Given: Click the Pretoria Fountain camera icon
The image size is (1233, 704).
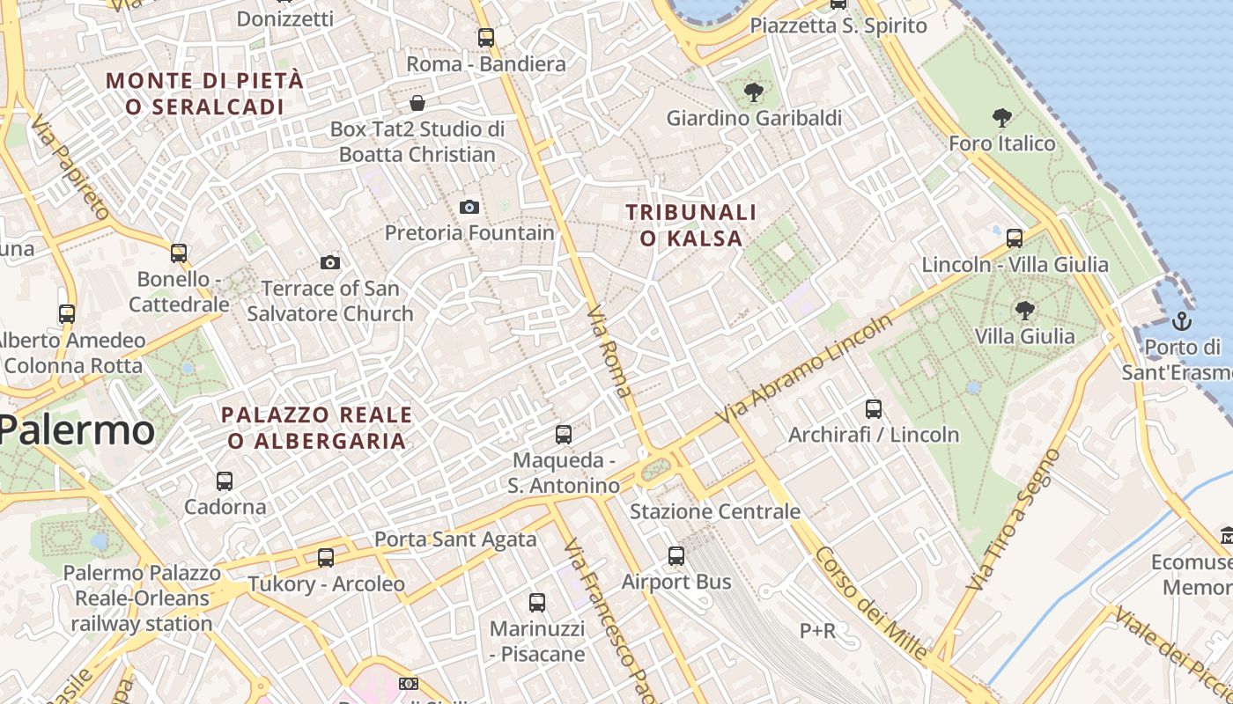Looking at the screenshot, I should (x=469, y=207).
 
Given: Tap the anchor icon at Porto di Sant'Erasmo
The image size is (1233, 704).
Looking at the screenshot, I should (x=1183, y=320).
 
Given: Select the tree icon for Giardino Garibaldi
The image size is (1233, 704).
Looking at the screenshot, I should (x=753, y=92).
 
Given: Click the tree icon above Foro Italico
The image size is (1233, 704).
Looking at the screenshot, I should (x=1001, y=117).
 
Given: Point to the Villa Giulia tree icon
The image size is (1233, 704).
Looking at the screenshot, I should (x=1024, y=310).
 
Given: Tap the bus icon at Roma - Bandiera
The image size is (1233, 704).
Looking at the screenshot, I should (x=485, y=38).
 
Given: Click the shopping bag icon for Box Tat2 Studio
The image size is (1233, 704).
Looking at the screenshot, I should (x=417, y=103).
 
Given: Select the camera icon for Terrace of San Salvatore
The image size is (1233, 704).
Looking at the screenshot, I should (x=329, y=262).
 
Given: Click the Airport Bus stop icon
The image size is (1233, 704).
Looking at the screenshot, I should (x=676, y=555).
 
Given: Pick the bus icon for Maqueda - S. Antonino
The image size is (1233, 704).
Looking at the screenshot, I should (x=563, y=434).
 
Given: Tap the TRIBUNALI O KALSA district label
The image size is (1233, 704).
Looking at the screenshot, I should (x=690, y=225).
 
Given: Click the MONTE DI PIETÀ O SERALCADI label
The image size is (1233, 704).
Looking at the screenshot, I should (x=204, y=94).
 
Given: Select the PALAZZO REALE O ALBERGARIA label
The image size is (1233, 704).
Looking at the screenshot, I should (x=316, y=428).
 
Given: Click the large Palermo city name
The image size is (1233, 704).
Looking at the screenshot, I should (x=77, y=430).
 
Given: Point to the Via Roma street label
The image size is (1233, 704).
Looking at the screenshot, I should (x=609, y=351).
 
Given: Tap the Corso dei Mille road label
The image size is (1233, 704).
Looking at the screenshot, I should (x=870, y=604).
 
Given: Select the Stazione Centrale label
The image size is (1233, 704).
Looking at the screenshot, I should (x=715, y=511).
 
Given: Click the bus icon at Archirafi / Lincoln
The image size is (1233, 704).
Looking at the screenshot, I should (x=873, y=408).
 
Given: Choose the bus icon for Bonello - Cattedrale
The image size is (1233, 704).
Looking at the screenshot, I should (x=179, y=253).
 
